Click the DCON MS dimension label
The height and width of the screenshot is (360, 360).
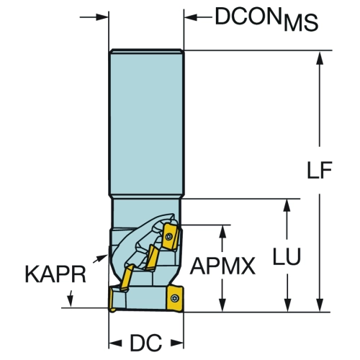coord(266,19)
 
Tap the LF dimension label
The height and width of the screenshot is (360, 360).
coord(320,170)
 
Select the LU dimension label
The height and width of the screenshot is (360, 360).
coord(287,256)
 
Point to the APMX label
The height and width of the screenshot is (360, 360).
coord(222,266)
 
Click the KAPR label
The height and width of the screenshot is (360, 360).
coord(55,274)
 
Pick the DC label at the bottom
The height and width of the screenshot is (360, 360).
coord(146,343)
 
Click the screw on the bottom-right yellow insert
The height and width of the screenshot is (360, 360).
coord(174,298)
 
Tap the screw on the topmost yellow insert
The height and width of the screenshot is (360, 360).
coord(169,237)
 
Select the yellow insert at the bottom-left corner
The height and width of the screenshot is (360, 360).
coord(112,300)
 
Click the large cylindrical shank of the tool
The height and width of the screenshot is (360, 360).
coord(146,123)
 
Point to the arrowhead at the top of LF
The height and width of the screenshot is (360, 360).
coord(320,58)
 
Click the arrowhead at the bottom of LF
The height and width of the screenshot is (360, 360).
coord(320,305)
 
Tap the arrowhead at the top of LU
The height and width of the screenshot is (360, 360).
coord(287,206)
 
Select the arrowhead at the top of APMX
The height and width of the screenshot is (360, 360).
coord(223,232)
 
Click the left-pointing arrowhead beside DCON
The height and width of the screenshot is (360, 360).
coord(191,17)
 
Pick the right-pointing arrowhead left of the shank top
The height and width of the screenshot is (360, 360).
coord(102,17)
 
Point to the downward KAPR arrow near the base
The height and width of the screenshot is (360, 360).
coord(70,299)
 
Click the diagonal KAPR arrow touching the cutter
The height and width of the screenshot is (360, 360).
coord(100,258)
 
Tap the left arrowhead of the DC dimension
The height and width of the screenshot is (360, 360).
coord(116,343)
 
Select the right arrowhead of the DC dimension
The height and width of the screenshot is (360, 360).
coord(177,343)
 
